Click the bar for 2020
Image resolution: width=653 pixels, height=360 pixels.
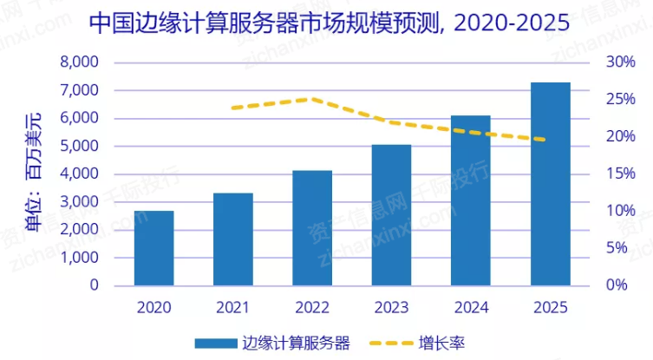click(x=153, y=248)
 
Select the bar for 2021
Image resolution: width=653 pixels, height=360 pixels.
click(x=232, y=239)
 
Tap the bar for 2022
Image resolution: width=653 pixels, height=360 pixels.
click(x=312, y=228)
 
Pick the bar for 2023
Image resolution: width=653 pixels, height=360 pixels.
click(x=391, y=215)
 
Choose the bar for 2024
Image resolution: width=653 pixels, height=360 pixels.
click(x=471, y=200)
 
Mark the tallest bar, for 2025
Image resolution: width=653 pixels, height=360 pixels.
click(x=550, y=184)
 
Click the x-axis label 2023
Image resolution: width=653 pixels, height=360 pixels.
click(x=391, y=307)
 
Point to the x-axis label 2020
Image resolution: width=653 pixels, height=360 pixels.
click(x=153, y=307)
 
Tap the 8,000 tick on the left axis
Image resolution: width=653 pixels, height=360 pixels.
click(x=79, y=62)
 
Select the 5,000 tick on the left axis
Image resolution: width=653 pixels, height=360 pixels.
click(x=79, y=146)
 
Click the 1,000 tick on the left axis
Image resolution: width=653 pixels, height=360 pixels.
click(x=79, y=258)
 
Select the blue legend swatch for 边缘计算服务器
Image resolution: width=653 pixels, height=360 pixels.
click(x=214, y=343)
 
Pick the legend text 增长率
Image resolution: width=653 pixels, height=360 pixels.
click(x=452, y=343)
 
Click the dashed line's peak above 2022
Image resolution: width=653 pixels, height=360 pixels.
click(x=312, y=99)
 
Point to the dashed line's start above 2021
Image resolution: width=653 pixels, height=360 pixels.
click(x=232, y=108)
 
